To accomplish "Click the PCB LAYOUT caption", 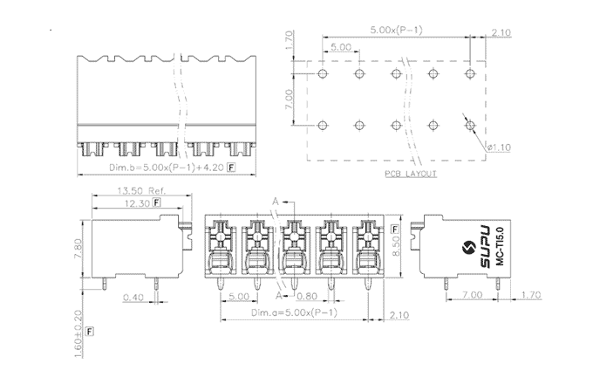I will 411,174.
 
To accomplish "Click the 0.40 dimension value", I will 133,298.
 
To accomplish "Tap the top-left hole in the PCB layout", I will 322,74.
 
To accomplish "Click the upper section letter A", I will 273,202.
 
